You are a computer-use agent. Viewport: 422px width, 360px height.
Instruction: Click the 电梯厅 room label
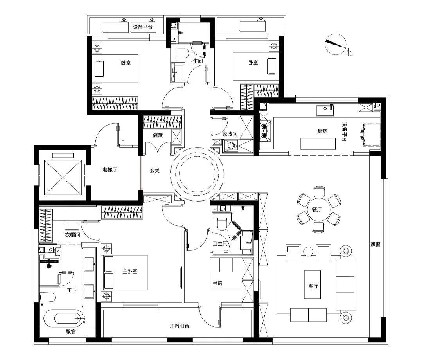click(110, 170)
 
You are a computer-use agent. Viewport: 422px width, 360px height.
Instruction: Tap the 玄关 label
click(155, 171)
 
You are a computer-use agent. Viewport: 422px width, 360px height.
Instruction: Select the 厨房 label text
click(322, 131)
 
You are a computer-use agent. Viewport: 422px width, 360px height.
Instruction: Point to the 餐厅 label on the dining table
click(317, 209)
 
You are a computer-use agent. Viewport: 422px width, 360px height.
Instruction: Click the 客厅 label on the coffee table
click(313, 286)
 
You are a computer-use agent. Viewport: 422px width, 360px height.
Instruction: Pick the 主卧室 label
click(130, 272)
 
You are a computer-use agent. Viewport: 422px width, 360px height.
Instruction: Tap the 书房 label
click(217, 283)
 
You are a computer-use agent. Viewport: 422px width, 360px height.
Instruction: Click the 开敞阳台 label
click(179, 326)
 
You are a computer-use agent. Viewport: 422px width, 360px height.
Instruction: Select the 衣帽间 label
click(73, 235)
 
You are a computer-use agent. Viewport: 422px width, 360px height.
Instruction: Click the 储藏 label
click(158, 135)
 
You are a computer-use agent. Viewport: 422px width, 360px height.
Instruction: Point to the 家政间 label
click(230, 134)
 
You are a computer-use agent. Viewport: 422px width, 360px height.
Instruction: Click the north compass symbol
click(336, 44)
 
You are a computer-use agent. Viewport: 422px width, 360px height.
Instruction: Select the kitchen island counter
click(318, 144)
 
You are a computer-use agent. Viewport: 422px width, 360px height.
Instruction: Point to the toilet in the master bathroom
click(47, 297)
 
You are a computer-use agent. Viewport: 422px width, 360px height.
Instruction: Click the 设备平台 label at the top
click(143, 27)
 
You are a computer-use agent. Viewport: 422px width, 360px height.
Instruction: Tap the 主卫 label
click(72, 290)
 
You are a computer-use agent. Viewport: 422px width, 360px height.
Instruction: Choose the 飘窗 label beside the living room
click(375, 245)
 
